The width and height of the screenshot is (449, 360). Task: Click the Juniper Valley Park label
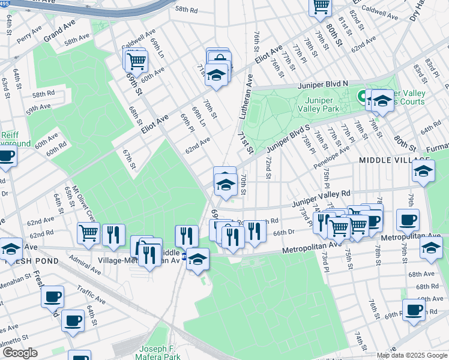click(322, 104)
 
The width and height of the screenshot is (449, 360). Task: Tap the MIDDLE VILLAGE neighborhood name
click(392, 160)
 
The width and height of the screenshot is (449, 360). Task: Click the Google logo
click(20, 353)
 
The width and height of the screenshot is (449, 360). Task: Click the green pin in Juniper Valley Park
click(363, 95)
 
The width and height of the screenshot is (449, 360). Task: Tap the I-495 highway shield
click(5, 3)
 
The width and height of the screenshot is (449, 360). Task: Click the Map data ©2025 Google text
click(412, 355)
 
